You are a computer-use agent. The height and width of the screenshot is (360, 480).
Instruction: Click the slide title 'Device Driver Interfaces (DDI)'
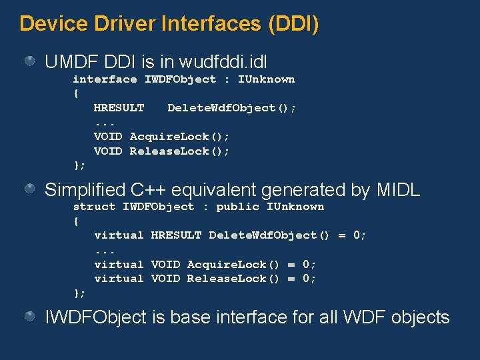click(x=169, y=24)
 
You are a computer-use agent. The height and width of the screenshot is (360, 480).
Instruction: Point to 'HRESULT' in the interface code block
click(x=119, y=108)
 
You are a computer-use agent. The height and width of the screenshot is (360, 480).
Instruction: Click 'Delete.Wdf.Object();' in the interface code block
click(x=232, y=108)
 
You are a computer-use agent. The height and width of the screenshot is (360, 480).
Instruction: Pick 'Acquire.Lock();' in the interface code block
click(x=179, y=137)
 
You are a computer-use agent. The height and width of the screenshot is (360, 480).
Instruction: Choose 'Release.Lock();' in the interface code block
click(x=179, y=151)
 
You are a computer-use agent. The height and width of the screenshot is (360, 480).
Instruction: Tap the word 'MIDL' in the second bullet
click(x=398, y=190)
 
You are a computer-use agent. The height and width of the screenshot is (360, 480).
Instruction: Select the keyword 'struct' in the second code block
click(x=94, y=207)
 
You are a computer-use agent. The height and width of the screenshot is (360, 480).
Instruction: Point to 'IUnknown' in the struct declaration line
click(x=295, y=207)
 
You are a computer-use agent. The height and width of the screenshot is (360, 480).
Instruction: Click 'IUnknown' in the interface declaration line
click(x=266, y=79)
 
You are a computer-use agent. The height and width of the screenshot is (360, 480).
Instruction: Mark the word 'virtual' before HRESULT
click(x=119, y=235)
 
